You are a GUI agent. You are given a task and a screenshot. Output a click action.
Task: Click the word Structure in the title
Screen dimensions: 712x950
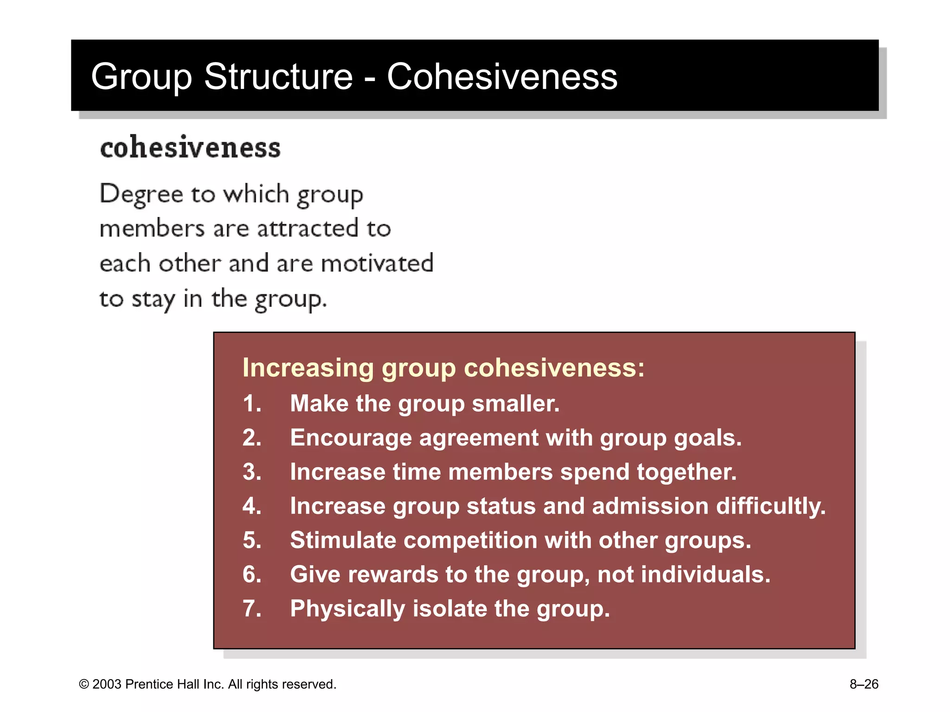[278, 76]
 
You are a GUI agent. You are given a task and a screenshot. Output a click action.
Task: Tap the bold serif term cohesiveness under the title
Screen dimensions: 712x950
[190, 148]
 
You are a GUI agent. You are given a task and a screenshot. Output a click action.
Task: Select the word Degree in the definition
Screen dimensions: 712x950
[141, 194]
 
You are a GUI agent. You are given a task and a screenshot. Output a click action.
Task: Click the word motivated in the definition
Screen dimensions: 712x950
[377, 263]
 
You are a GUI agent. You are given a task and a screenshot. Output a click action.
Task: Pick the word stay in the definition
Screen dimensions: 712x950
[153, 299]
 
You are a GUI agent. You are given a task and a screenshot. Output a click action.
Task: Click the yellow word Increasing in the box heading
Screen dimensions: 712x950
[308, 368]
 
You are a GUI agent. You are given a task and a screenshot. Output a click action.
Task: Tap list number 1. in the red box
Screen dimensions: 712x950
[252, 403]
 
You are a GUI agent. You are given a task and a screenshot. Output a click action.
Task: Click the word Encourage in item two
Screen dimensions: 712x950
[351, 438]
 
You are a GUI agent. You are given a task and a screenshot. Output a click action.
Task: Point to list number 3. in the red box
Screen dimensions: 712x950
[252, 472]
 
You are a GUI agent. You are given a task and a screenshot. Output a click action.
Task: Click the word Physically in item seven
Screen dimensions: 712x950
[347, 609]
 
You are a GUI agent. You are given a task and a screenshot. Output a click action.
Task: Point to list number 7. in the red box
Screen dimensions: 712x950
[252, 609]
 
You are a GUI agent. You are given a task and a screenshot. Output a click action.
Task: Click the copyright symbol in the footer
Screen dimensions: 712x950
[84, 685]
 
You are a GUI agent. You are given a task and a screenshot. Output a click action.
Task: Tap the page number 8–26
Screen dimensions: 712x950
[864, 685]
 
